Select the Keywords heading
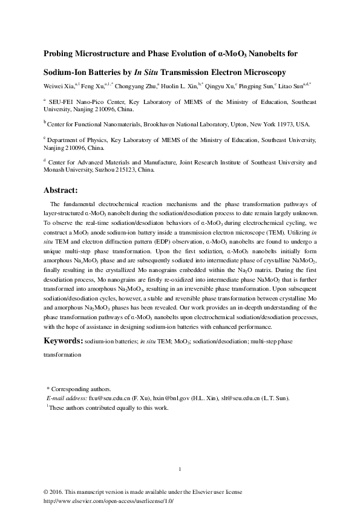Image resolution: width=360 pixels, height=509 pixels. coord(62,341)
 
